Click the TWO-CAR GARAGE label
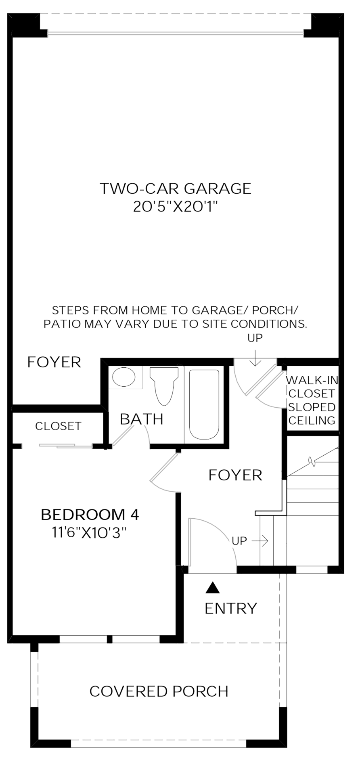click(x=176, y=189)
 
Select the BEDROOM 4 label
click(x=90, y=515)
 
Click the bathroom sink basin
click(x=124, y=377)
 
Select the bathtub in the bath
click(x=204, y=404)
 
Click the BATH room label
click(x=142, y=419)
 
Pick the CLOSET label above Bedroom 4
click(x=58, y=426)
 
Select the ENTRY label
click(x=231, y=608)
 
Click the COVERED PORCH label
click(x=159, y=691)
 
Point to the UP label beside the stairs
click(x=239, y=541)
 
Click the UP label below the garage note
click(x=255, y=338)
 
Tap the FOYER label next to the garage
click(x=54, y=362)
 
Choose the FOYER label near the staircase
click(x=235, y=475)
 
